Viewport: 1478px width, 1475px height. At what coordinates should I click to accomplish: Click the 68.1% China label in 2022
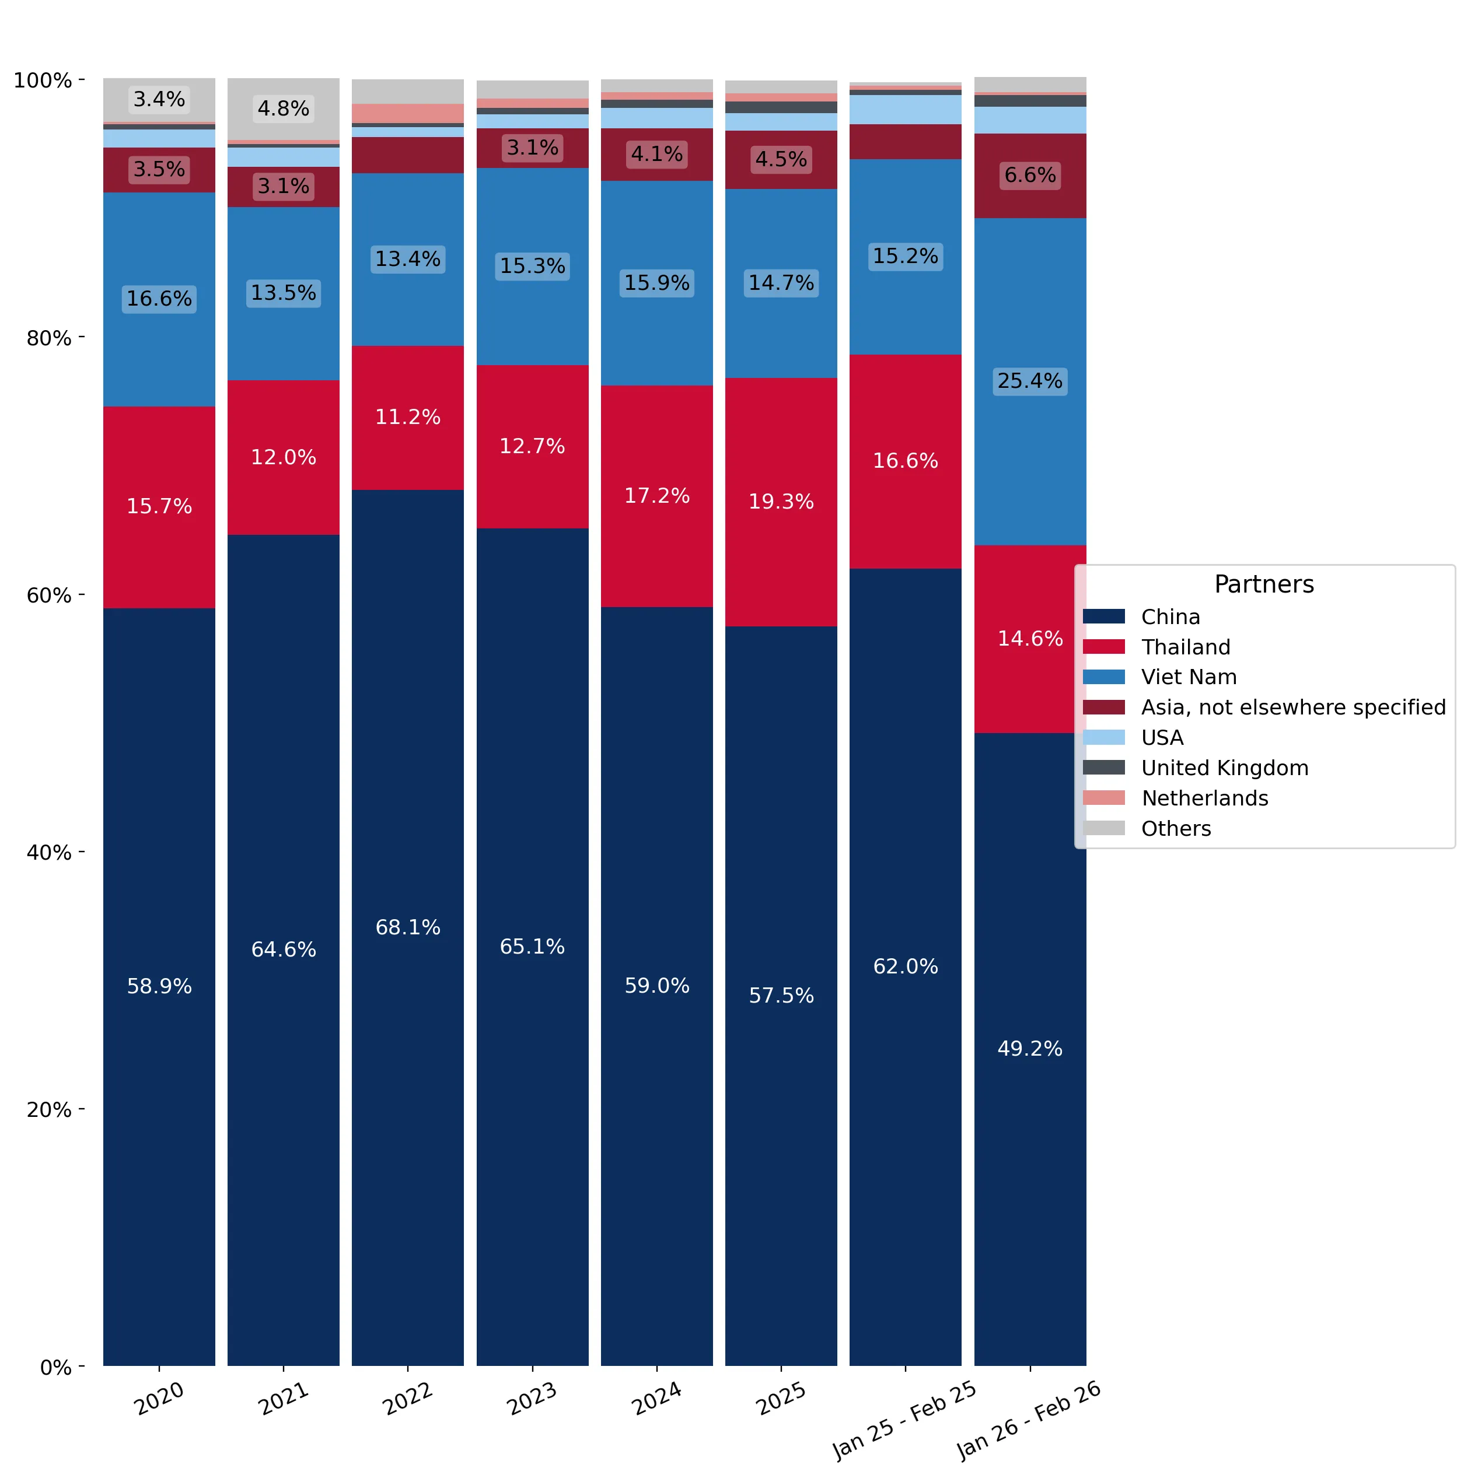[408, 927]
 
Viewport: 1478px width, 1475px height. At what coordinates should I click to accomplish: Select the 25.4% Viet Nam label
[1030, 380]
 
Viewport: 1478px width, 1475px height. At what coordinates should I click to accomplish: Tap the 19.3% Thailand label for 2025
[781, 501]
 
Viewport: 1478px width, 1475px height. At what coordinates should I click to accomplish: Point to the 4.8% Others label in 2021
[283, 108]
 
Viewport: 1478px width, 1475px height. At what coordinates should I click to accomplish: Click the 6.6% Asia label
[1030, 174]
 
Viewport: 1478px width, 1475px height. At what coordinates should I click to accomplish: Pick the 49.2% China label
[1030, 1047]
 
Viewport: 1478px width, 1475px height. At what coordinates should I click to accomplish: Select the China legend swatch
[1103, 616]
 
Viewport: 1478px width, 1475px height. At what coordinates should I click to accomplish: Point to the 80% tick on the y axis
[82, 337]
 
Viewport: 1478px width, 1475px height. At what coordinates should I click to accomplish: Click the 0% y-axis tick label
[56, 1367]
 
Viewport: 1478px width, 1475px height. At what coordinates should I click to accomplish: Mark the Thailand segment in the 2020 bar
[159, 507]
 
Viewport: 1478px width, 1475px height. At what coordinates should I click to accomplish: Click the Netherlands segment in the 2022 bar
[408, 113]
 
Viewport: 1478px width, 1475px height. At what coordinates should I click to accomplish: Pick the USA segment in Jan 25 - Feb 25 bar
[905, 109]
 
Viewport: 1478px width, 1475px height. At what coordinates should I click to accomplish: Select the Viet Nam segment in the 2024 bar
[656, 283]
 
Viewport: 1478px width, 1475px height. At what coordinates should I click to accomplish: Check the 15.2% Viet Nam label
[905, 255]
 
